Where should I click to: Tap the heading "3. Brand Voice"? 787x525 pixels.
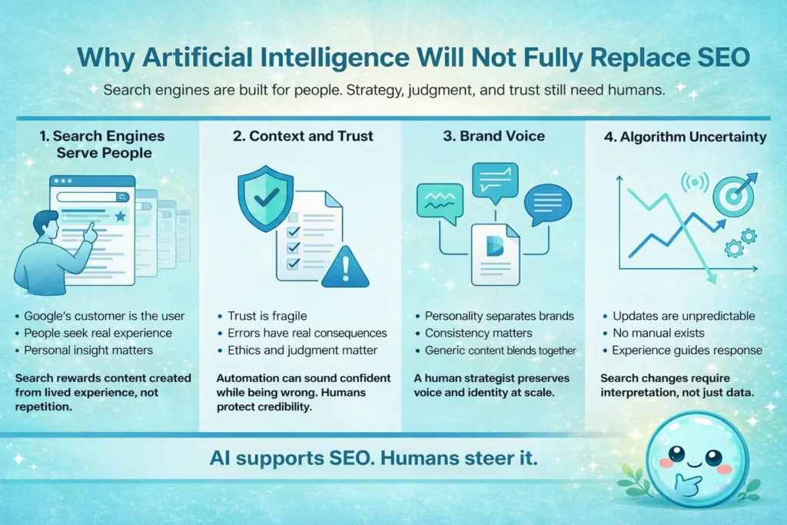pos(493,137)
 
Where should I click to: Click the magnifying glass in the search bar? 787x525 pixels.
pos(121,196)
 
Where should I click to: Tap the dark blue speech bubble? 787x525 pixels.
pos(547,204)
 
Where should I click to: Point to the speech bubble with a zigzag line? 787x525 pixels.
pos(440,201)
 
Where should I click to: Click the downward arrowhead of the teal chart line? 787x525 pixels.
pos(711,277)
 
